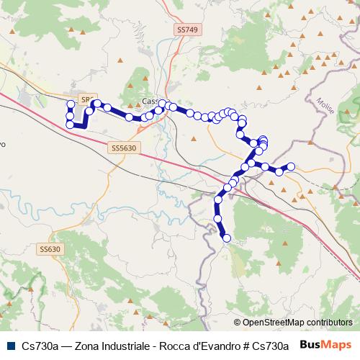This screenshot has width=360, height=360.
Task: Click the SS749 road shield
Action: [186, 30]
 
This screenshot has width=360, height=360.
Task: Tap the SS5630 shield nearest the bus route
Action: [125, 147]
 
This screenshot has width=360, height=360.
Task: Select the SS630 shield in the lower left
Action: [50, 249]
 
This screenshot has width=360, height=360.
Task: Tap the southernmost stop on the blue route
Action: [227, 238]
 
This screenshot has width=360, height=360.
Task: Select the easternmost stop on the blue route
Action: [292, 167]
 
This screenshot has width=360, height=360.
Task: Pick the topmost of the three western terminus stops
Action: [71, 105]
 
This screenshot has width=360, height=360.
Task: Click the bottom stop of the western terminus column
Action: [71, 125]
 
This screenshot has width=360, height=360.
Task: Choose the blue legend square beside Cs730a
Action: [9, 345]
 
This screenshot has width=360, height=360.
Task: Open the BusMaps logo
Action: [326, 344]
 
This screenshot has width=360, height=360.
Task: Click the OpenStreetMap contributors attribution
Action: [292, 323]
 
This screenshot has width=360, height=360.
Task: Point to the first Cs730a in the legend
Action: [40, 345]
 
